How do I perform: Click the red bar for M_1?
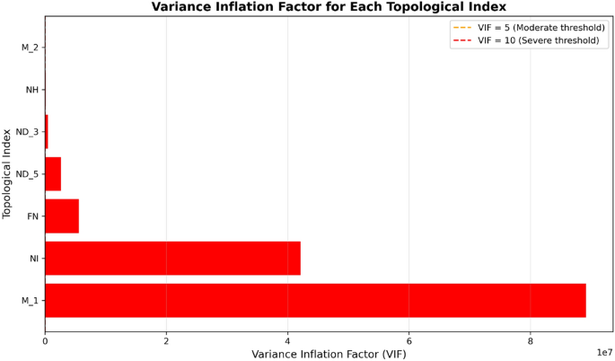coord(314,300)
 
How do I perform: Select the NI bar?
coord(172,258)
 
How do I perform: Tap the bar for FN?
coord(62,216)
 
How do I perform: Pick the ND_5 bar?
coord(53,173)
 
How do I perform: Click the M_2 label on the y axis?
coord(30,48)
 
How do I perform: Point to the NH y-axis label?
coord(31,90)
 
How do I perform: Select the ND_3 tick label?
coord(28,132)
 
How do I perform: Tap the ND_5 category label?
coord(28,174)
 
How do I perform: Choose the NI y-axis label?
coord(33,259)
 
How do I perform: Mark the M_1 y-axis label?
coord(30,301)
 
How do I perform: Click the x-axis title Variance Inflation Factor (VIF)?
coord(329,354)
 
